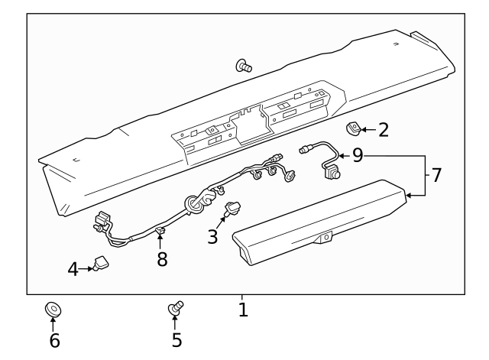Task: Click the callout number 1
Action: click(243, 310)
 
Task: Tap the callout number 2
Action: click(384, 129)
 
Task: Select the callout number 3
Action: click(213, 237)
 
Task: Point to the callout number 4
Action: click(73, 269)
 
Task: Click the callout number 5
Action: click(176, 339)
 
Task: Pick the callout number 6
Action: click(54, 340)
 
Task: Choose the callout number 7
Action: click(436, 175)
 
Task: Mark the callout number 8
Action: click(162, 259)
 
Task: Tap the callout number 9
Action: click(358, 156)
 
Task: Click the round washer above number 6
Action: click(53, 310)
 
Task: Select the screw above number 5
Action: click(176, 309)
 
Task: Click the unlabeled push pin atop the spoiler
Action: click(245, 66)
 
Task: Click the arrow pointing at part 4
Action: click(86, 269)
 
